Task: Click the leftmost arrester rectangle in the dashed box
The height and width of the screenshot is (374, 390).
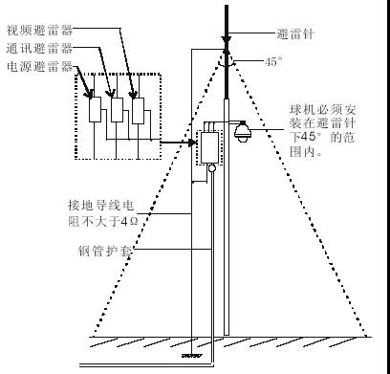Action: pos(95,111)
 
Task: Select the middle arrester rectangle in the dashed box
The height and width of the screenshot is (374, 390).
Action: pos(117,111)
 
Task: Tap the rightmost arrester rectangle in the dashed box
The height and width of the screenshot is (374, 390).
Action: pos(139,111)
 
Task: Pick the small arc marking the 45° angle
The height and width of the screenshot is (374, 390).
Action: pos(227,59)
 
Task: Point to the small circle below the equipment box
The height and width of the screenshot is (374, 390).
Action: pos(210,171)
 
